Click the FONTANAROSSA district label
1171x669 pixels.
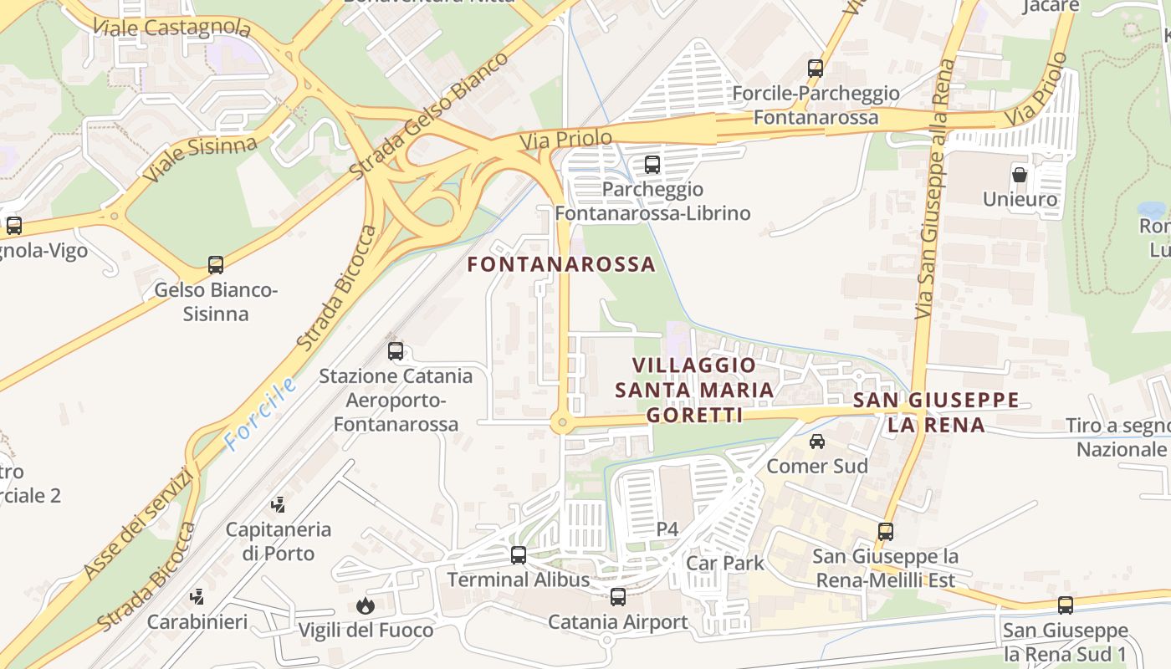point(561,264)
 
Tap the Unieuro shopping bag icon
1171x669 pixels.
point(1020,175)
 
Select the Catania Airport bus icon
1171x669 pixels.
point(618,597)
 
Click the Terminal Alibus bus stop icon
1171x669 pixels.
point(519,555)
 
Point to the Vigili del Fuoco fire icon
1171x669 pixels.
point(366,605)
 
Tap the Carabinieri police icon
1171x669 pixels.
point(197,597)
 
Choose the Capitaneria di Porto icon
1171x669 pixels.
point(279,504)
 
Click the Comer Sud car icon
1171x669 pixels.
point(817,441)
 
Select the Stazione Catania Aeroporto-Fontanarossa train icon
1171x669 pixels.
point(396,351)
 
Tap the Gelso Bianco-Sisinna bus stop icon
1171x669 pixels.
point(216,265)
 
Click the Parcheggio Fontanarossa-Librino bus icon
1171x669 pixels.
point(652,165)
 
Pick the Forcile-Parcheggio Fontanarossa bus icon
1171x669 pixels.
point(816,69)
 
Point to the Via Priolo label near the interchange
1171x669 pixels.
point(566,139)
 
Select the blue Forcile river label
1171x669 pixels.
point(260,414)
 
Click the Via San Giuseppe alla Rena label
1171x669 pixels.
point(934,188)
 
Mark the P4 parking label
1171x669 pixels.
point(667,529)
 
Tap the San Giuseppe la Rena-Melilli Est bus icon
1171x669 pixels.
point(886,531)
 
